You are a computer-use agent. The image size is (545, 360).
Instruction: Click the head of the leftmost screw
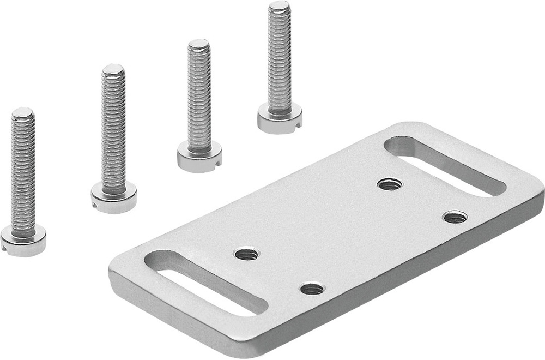coord(23,241)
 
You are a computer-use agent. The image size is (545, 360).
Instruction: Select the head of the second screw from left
coord(113,197)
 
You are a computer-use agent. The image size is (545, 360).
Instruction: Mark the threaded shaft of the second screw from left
coord(113,131)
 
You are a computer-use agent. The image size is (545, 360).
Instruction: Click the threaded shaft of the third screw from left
coord(199,98)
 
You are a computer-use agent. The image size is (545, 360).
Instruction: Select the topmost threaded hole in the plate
coord(390,184)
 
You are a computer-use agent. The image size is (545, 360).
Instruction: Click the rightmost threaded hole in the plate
coord(455,217)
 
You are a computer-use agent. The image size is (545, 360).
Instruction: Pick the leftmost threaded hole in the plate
coord(246,254)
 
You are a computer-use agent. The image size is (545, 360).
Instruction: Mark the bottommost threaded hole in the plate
coord(312,289)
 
